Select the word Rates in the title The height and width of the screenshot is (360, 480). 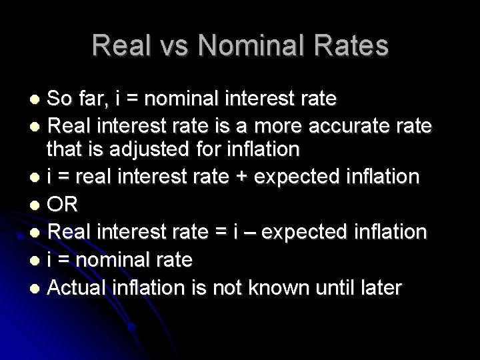[x=355, y=45]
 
